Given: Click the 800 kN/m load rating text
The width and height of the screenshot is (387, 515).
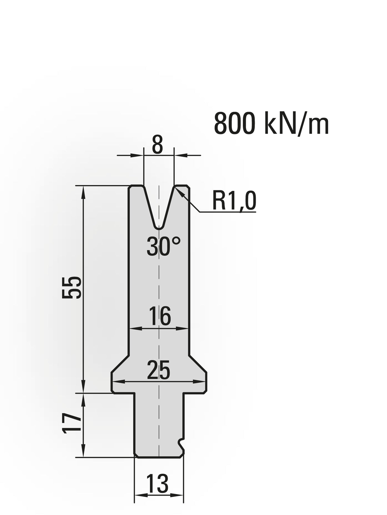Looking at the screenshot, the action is (272, 124).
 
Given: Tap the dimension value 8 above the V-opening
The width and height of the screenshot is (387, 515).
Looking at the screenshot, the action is (157, 147).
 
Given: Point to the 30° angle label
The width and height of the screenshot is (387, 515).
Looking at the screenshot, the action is (164, 246).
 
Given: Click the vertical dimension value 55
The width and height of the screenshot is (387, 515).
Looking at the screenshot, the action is (72, 287).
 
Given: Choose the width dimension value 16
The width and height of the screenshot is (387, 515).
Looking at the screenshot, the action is (160, 316).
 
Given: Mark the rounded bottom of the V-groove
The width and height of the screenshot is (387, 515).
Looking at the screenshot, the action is (159, 227).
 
